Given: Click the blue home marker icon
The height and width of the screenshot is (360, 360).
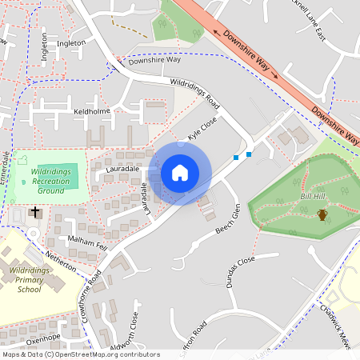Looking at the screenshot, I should click(x=180, y=172).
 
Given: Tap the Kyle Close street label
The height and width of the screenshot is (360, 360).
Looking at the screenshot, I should click(x=202, y=130).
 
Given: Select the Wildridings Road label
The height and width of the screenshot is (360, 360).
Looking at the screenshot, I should click(x=194, y=93).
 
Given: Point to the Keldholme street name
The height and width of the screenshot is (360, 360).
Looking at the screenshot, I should click(x=90, y=111).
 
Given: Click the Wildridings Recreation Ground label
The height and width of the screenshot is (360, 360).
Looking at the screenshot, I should click(x=50, y=181).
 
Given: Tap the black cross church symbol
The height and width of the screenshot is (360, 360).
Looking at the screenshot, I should click(x=34, y=212).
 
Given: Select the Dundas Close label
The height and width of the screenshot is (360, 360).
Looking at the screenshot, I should click(x=240, y=272).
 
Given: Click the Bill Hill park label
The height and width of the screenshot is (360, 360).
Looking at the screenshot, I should click(x=311, y=196).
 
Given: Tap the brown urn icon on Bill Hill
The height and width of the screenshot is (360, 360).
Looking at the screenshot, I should click(x=322, y=214).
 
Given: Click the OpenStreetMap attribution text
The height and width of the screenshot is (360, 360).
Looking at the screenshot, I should click(x=80, y=354).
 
